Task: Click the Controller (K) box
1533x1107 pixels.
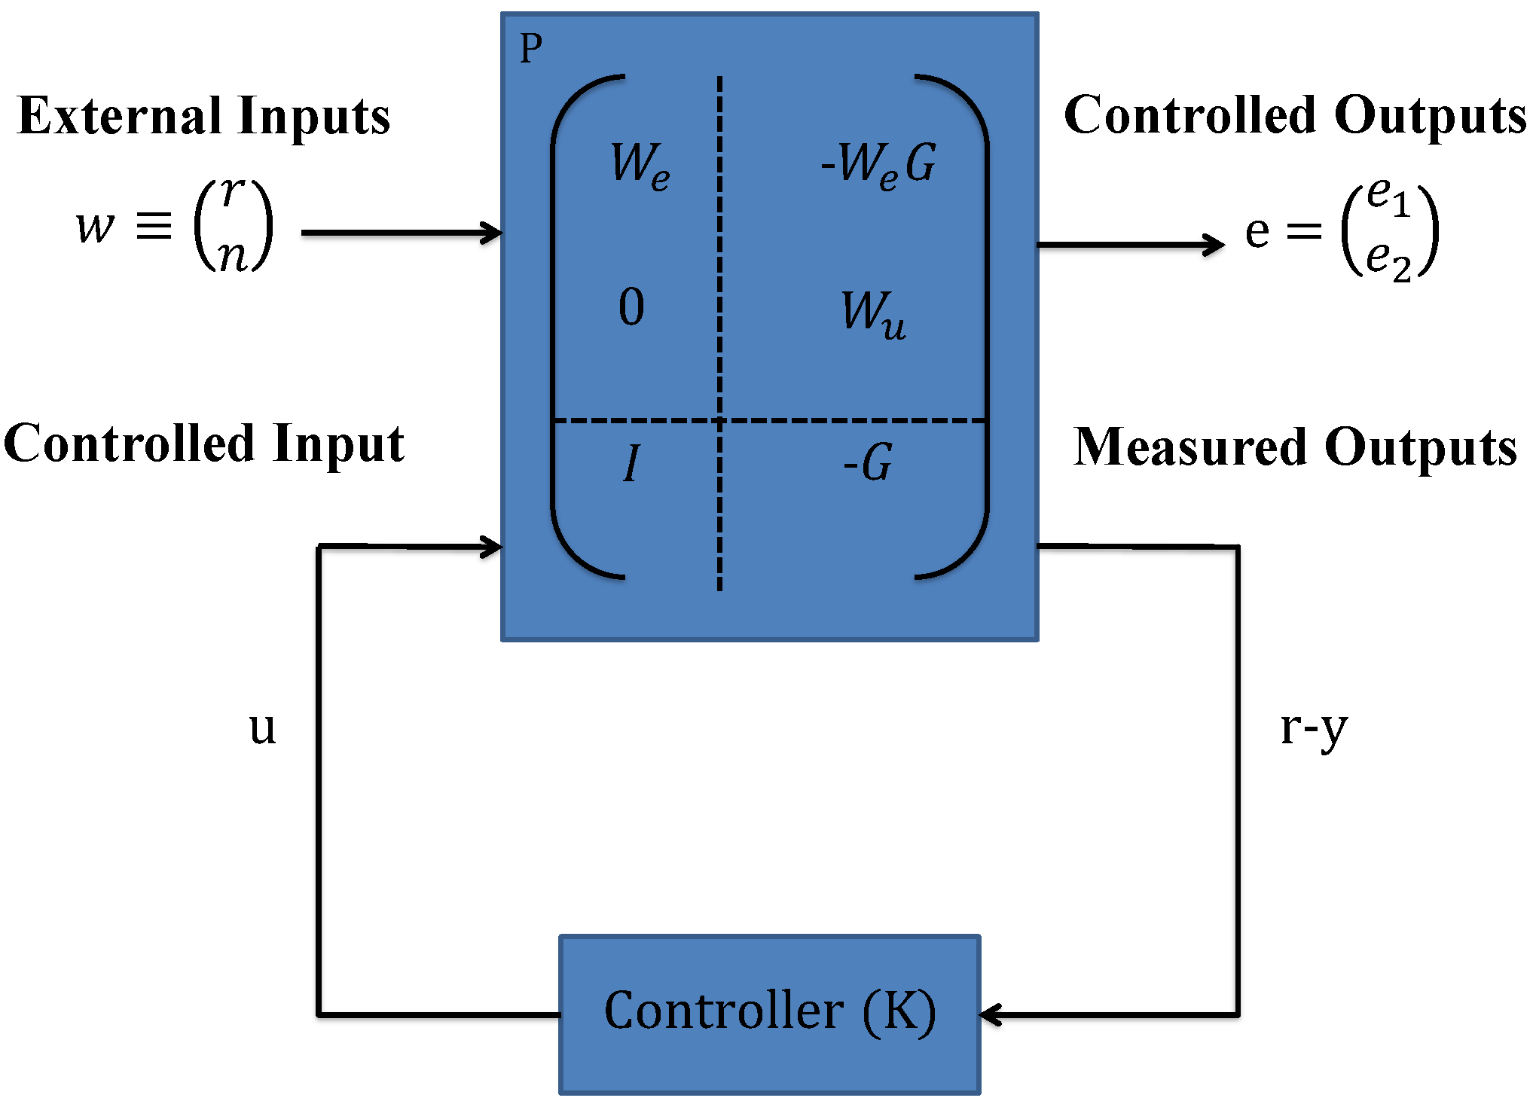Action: click(x=769, y=1014)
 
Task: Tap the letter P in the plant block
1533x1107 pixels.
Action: click(x=531, y=50)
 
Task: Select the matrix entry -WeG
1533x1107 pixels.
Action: click(x=878, y=164)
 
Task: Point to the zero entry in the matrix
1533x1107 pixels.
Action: click(x=631, y=307)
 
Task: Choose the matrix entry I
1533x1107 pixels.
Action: click(x=631, y=462)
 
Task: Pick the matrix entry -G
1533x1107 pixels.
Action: click(x=868, y=462)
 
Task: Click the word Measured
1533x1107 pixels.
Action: click(x=1190, y=447)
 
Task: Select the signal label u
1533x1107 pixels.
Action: click(x=262, y=728)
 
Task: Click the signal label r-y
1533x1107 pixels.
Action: click(x=1314, y=729)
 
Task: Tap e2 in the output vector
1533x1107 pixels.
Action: click(x=1388, y=262)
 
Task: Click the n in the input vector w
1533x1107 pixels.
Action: click(x=233, y=256)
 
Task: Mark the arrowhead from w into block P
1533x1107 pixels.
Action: click(x=492, y=233)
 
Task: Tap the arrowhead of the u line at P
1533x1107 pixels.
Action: click(x=492, y=547)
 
